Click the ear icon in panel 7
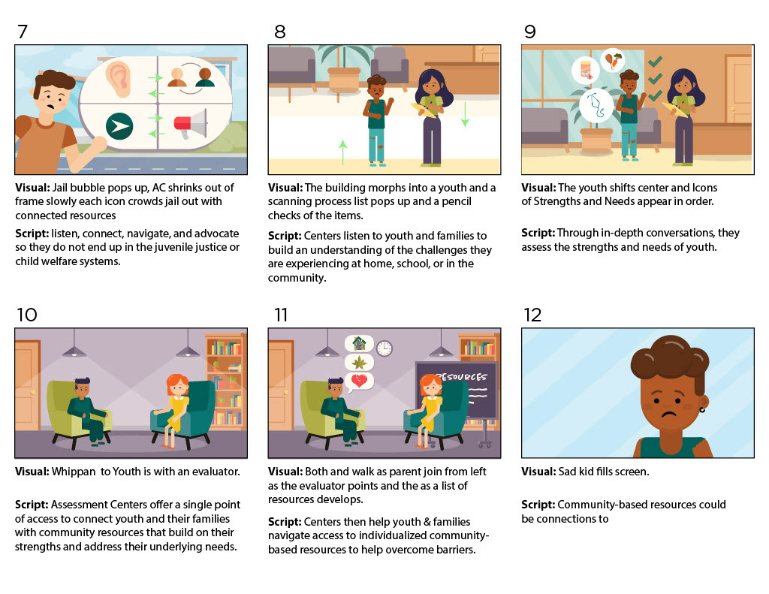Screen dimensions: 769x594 coord(118,78)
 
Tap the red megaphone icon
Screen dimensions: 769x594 coord(190,124)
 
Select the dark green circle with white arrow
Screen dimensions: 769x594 coord(119,126)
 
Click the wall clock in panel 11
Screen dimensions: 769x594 coord(384,348)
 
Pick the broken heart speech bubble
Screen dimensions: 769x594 coord(360,381)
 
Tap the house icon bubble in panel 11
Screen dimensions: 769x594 coord(360,343)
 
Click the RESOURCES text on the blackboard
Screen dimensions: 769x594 coord(461,377)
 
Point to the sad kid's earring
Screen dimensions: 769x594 coord(702,409)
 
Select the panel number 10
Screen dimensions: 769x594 coord(26,315)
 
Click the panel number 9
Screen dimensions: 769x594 coord(529,32)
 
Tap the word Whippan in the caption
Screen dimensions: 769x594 coord(74,472)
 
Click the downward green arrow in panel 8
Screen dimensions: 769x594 coord(464,114)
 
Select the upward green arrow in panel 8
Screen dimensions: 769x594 coord(342,152)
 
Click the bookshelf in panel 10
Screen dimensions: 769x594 coord(225,381)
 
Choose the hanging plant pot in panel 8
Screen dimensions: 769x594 coord(344,79)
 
